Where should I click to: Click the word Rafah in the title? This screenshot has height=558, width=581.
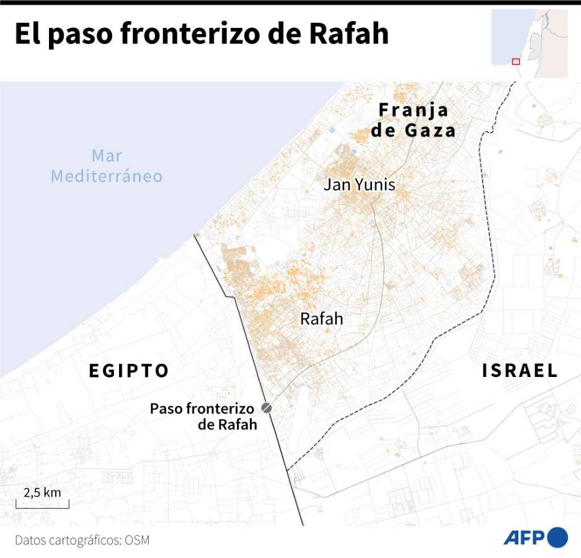[x=349, y=33]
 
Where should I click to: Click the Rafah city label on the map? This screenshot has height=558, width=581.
[x=321, y=319]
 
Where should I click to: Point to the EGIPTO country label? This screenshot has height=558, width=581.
[x=129, y=371]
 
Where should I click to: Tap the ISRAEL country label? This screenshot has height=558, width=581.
[x=520, y=371]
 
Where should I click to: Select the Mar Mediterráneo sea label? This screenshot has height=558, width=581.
[x=107, y=166]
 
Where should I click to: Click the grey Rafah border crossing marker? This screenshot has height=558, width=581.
[x=267, y=408]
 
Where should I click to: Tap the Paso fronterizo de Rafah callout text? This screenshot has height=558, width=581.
[x=203, y=417]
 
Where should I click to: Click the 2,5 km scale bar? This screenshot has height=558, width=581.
[x=42, y=507]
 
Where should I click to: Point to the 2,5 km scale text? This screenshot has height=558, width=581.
[x=42, y=493]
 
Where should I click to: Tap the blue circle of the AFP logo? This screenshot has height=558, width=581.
[x=557, y=537]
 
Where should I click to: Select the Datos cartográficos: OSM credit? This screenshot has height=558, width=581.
[x=82, y=540]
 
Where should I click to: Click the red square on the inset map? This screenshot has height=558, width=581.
[x=515, y=61]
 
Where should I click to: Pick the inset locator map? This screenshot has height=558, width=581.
[x=530, y=43]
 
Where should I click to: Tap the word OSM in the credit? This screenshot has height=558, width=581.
[x=137, y=540]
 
